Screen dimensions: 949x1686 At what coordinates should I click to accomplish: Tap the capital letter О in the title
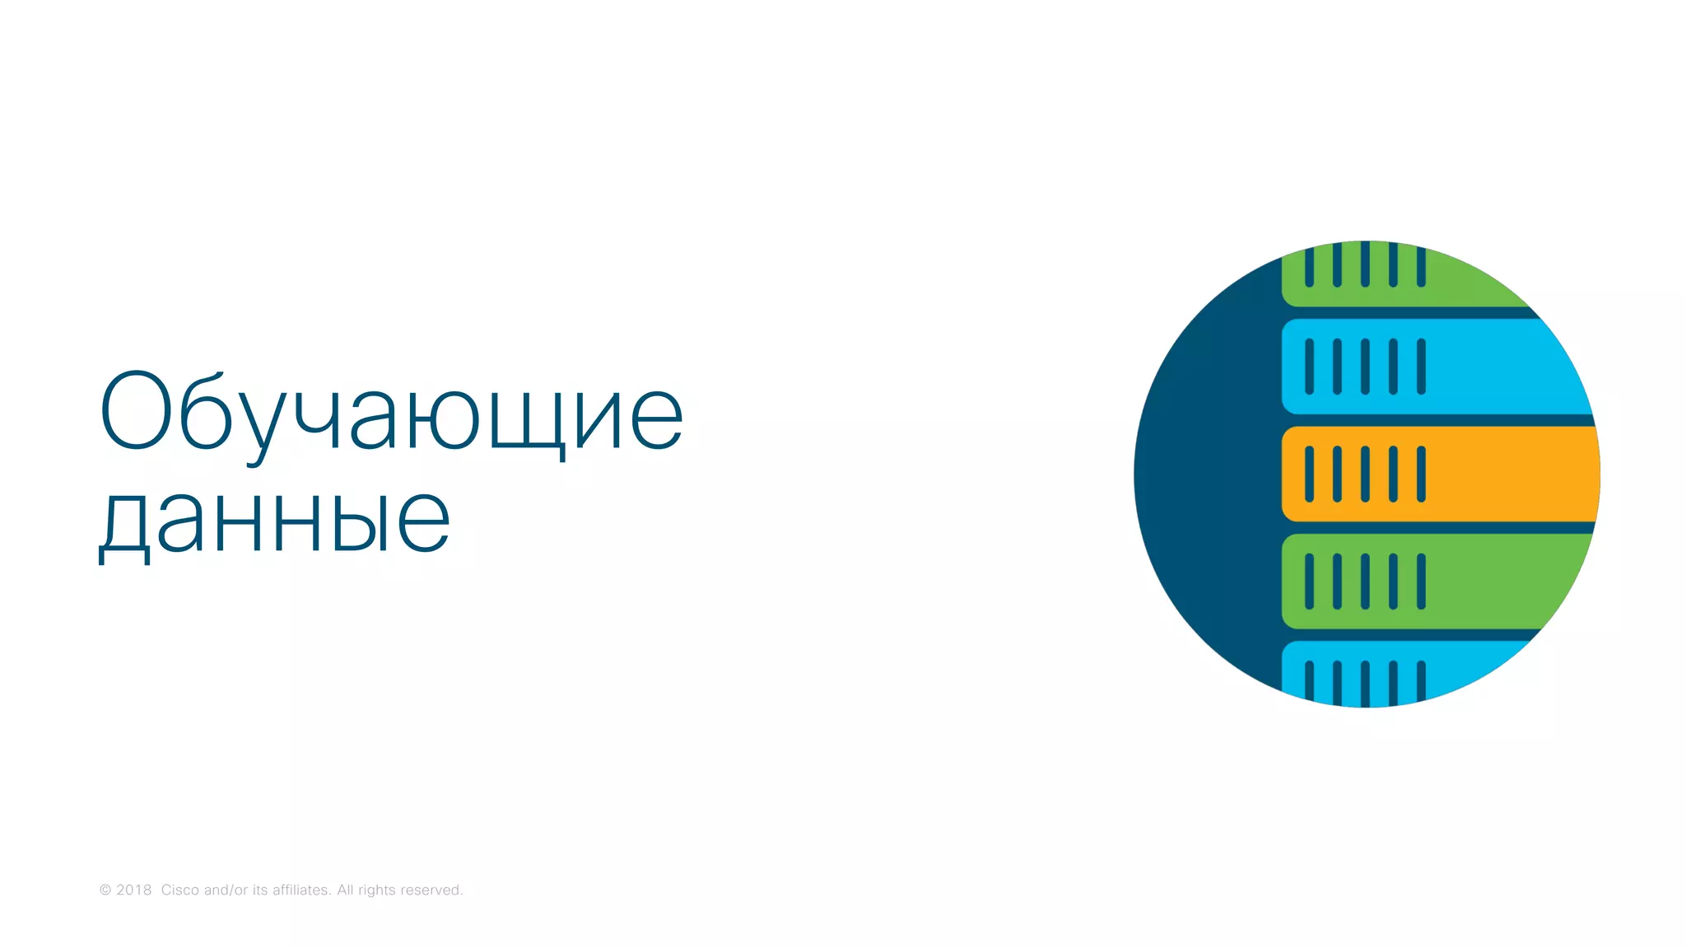135,410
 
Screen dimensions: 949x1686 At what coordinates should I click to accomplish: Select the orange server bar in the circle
1482,474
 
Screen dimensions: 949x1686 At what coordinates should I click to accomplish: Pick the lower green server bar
1474,581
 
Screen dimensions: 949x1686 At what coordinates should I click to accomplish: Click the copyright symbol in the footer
105,891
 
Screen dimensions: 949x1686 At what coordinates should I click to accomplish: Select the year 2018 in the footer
134,891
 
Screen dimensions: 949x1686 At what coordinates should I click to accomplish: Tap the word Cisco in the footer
179,891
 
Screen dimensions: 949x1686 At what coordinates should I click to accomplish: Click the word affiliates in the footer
301,891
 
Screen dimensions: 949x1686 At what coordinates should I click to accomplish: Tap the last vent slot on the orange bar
1421,474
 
